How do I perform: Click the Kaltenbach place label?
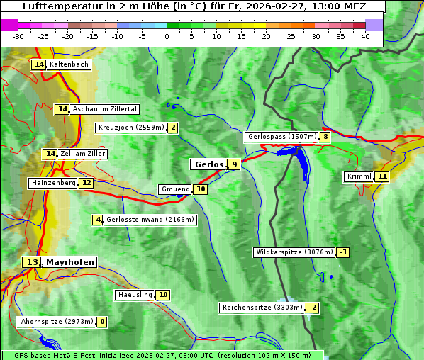click(69, 64)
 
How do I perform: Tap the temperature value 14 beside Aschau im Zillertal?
click(63, 109)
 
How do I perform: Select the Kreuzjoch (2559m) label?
click(130, 128)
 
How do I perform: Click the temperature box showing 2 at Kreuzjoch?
click(172, 128)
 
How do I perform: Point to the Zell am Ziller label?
click(83, 154)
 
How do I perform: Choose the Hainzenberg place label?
click(52, 183)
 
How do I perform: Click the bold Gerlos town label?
click(208, 164)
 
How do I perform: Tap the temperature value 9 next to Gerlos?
click(234, 164)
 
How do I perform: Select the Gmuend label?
click(175, 189)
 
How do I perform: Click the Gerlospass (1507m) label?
click(281, 137)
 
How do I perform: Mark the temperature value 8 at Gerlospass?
click(325, 137)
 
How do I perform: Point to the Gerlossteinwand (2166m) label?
click(150, 220)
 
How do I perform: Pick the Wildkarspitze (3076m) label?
click(294, 252)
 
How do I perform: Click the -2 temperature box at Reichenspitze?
click(313, 308)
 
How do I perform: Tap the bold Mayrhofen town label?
click(69, 262)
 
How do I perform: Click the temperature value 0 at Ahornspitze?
click(102, 322)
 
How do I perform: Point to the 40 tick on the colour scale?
click(365, 36)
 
